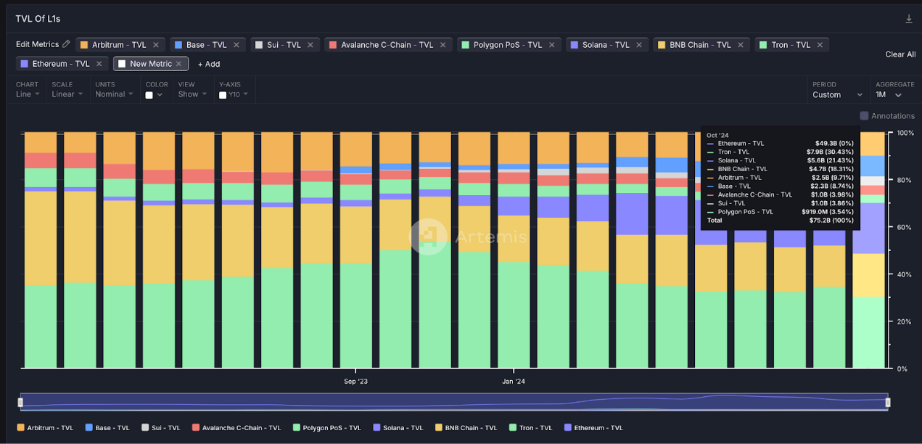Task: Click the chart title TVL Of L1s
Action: tap(38, 19)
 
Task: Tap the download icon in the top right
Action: tap(909, 19)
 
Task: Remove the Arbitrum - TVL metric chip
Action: tap(156, 45)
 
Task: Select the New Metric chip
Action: tap(150, 64)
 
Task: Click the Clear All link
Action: tap(900, 54)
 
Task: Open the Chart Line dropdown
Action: tap(28, 94)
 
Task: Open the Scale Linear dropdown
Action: tap(67, 94)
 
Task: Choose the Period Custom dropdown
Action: tap(837, 95)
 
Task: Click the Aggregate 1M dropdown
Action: tap(889, 95)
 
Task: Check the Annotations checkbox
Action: tap(864, 116)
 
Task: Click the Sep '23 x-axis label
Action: tap(355, 381)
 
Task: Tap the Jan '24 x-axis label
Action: tap(514, 381)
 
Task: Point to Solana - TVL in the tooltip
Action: tap(736, 160)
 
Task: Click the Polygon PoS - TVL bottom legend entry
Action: tap(326, 428)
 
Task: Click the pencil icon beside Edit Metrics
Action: tap(66, 44)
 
